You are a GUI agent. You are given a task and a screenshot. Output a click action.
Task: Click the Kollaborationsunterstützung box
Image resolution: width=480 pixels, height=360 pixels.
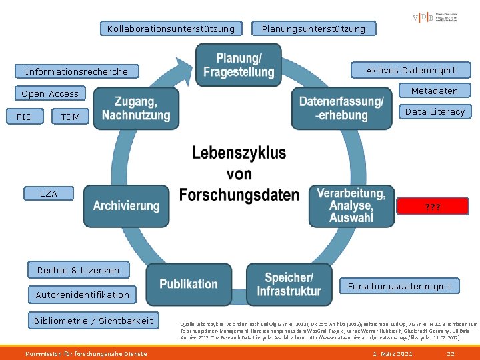171,29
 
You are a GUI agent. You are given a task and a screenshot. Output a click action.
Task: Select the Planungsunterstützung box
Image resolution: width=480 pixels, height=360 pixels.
313,29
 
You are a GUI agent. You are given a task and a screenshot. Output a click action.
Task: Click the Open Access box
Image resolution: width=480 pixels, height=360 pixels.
50,94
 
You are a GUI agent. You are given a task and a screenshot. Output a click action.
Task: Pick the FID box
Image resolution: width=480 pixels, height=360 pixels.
24,117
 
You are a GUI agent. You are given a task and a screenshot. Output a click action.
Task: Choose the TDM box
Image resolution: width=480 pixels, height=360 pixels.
70,117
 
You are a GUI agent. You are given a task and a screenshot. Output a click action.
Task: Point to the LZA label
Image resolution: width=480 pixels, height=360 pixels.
49,193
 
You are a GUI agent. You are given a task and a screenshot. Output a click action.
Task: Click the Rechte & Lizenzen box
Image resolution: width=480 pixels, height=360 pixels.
79,270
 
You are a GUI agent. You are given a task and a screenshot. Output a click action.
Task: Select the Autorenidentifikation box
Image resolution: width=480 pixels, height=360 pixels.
83,294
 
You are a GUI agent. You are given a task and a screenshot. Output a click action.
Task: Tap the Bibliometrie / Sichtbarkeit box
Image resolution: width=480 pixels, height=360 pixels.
93,321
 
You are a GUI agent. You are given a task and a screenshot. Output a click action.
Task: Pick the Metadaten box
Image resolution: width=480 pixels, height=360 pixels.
434,91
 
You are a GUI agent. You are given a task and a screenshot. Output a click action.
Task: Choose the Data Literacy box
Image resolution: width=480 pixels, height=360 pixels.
435,111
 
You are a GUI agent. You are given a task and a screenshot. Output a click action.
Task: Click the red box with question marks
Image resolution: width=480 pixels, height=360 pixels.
433,207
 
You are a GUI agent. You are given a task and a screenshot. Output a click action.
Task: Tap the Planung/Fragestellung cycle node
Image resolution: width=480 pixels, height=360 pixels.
239,65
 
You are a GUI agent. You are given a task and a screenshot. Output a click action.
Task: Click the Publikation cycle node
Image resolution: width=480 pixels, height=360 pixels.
189,283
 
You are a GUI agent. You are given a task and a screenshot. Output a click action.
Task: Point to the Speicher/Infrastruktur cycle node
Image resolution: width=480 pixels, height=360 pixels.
289,284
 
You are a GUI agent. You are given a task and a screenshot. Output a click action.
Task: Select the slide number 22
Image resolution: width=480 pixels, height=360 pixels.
451,353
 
